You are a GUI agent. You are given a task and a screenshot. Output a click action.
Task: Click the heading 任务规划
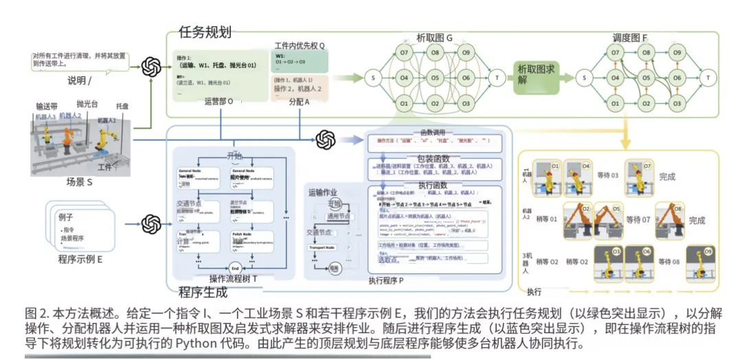204,32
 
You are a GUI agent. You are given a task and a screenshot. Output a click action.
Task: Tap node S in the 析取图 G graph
372,78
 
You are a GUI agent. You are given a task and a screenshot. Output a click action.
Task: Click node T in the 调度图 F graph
708,78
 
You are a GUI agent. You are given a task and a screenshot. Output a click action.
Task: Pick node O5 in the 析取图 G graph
435,78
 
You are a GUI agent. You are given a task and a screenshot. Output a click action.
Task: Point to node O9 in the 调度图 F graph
677,52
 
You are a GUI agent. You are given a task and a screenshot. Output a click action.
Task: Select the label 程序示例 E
80,259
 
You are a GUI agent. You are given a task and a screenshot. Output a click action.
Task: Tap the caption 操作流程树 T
233,278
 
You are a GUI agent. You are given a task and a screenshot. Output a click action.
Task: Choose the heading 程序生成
202,292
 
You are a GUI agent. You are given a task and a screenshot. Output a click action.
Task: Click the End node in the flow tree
234,267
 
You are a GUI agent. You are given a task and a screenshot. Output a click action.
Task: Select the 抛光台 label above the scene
87,104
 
